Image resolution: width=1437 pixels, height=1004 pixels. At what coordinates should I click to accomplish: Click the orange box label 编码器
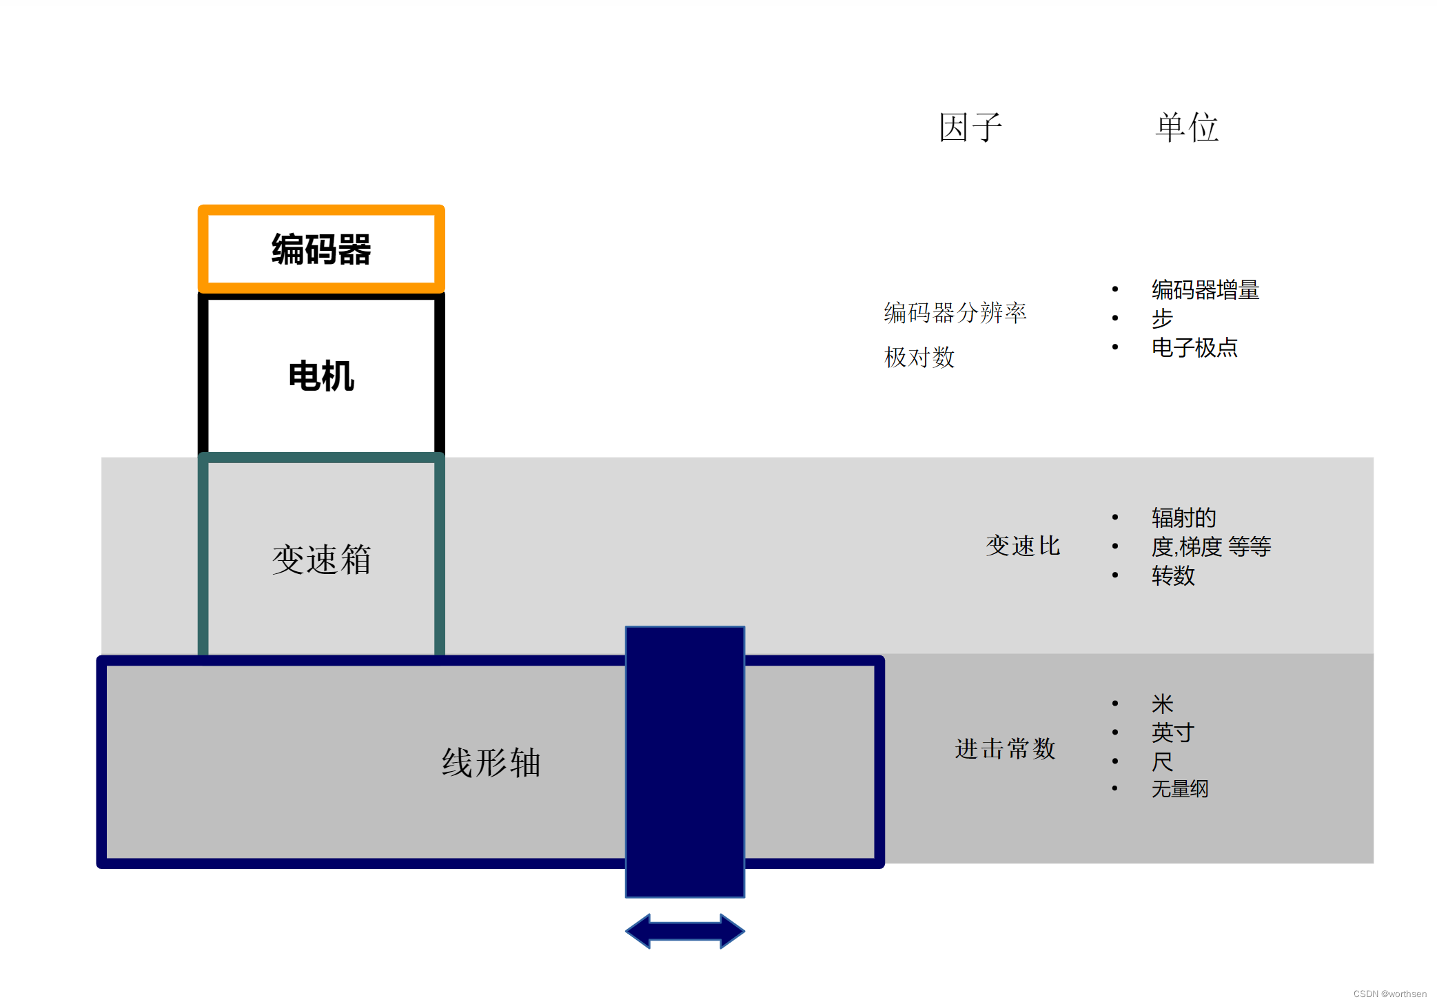coord(321,249)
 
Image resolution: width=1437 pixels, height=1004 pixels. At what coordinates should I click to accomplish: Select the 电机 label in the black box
coord(321,376)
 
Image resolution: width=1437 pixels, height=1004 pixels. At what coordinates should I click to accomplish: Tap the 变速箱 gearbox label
coord(321,559)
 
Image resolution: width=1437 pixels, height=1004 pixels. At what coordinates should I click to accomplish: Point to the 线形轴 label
coord(491,763)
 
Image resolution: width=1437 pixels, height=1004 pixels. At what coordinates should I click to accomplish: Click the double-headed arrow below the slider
coord(684,931)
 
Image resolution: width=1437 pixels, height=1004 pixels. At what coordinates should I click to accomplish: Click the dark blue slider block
coord(684,761)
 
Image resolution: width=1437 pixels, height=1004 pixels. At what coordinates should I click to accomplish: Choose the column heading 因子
coord(970,127)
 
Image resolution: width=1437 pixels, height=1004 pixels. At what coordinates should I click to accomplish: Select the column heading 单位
coord(1187,127)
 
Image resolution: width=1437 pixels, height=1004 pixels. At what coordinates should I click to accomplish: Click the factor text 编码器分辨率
coord(955,313)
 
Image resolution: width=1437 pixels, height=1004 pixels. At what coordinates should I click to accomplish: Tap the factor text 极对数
coord(919,357)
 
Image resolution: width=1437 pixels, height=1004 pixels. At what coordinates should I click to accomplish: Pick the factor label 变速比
coord(1023,546)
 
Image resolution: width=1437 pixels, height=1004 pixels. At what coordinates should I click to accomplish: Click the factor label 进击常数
coord(1005,748)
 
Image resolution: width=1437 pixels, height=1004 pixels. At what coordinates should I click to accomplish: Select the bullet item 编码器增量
coord(1205,289)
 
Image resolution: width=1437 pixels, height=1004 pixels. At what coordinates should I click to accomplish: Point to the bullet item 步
coord(1162,318)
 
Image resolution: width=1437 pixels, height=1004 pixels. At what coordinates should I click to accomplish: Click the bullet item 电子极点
coord(1194,347)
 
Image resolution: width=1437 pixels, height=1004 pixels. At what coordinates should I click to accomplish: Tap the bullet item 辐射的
coord(1183,518)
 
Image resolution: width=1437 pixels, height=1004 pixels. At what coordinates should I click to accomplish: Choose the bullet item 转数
coord(1173,575)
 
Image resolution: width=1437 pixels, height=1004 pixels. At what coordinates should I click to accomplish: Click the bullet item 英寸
coord(1173,732)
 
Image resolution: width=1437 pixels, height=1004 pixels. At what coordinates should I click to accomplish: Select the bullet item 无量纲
coord(1180,789)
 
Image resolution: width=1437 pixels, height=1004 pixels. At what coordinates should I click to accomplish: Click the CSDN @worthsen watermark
coord(1389,994)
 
